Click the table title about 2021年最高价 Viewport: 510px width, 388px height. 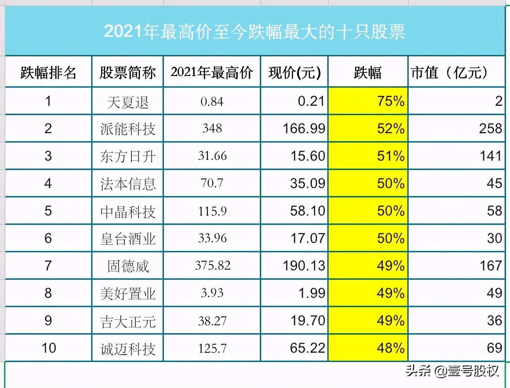(x=254, y=32)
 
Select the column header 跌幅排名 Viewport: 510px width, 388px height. (x=48, y=73)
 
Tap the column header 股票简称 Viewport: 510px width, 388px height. (x=127, y=73)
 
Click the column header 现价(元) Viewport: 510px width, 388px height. (x=295, y=73)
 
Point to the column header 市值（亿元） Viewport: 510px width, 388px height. (x=450, y=73)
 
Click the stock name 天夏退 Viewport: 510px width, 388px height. (x=127, y=102)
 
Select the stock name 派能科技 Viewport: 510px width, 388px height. (x=127, y=129)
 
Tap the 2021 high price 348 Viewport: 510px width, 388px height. (x=212, y=129)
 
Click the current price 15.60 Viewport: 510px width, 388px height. (x=308, y=156)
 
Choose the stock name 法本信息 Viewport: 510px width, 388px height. (x=127, y=184)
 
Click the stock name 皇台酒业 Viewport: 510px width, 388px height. (x=127, y=239)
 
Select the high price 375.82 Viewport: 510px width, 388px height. (x=212, y=266)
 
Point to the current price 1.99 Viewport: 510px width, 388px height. (x=311, y=293)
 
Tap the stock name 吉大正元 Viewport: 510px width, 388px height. (x=127, y=321)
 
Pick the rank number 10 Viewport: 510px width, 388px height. (x=49, y=348)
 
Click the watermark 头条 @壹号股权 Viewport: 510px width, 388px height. (x=452, y=370)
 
